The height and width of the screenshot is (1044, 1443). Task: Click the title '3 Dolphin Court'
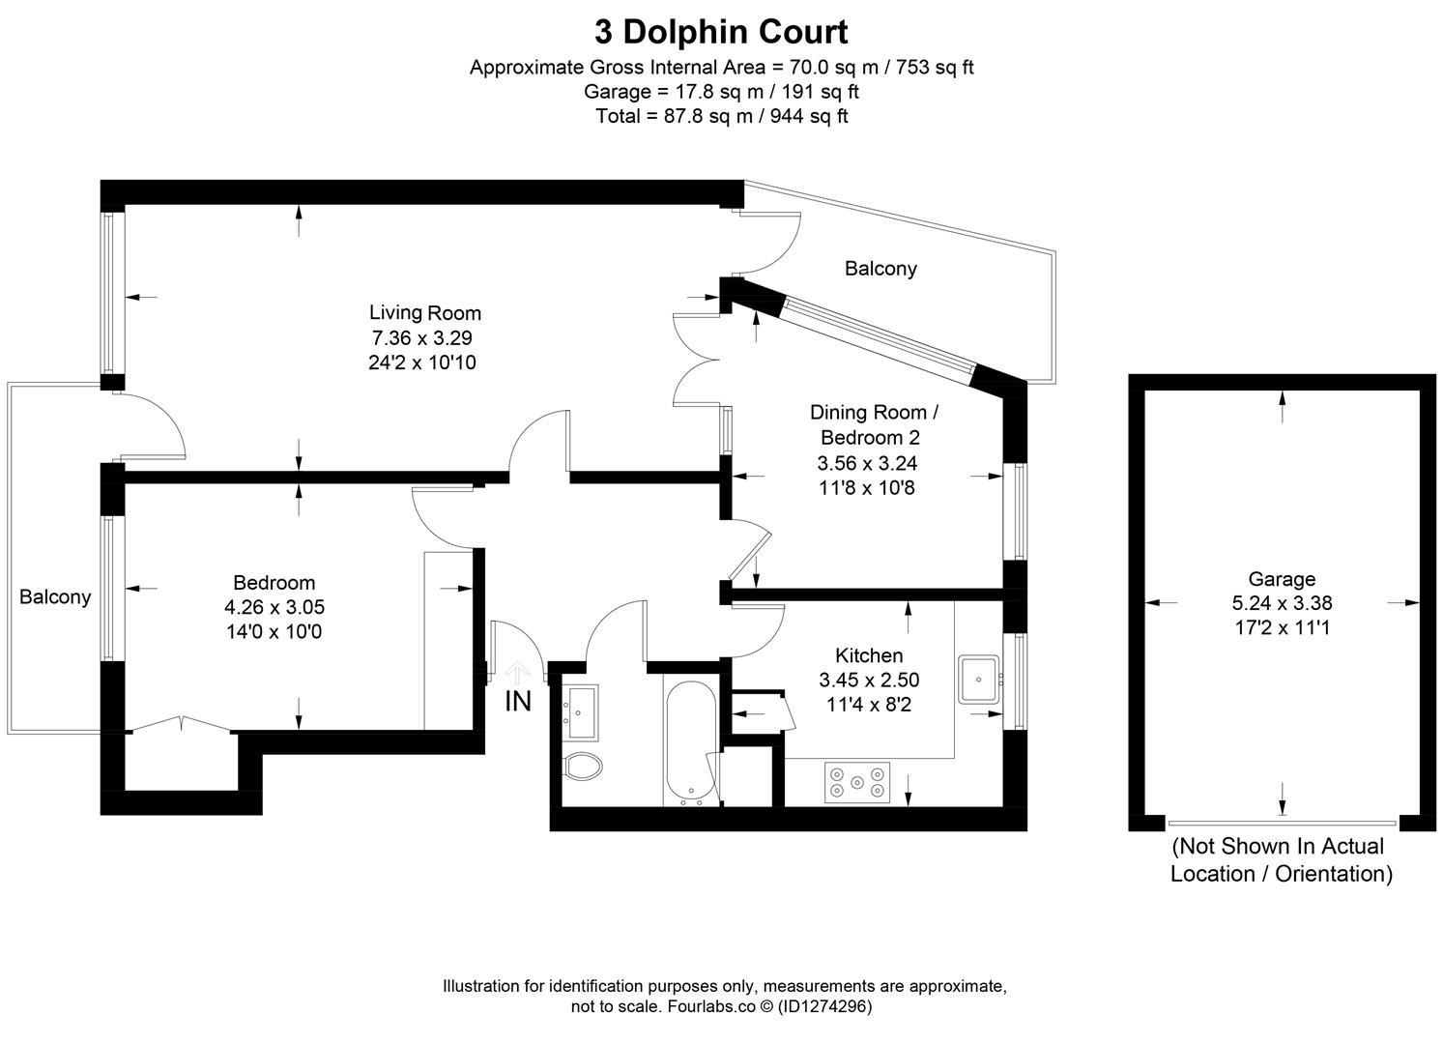(x=721, y=32)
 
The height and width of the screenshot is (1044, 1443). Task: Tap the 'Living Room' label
(x=424, y=312)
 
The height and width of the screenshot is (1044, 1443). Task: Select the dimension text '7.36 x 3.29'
(x=421, y=337)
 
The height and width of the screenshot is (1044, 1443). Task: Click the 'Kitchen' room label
(x=868, y=655)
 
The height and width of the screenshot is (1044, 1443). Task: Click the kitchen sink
(x=979, y=679)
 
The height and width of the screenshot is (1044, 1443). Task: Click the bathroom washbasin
(x=582, y=706)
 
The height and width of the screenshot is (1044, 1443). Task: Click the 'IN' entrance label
(x=518, y=701)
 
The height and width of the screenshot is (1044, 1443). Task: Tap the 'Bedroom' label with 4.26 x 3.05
(x=274, y=582)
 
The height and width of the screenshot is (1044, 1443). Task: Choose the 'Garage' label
(x=1282, y=578)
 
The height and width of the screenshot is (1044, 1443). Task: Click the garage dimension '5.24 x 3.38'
(x=1282, y=602)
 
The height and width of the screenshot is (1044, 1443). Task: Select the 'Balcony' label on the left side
(x=55, y=596)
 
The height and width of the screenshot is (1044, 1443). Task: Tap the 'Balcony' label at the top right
(x=880, y=268)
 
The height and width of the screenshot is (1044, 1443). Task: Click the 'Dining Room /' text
(x=874, y=412)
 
